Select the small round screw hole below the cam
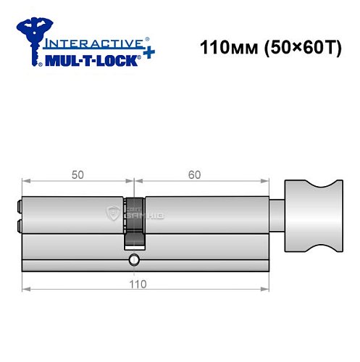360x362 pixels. click(133, 260)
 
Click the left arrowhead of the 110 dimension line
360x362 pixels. click(25, 290)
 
